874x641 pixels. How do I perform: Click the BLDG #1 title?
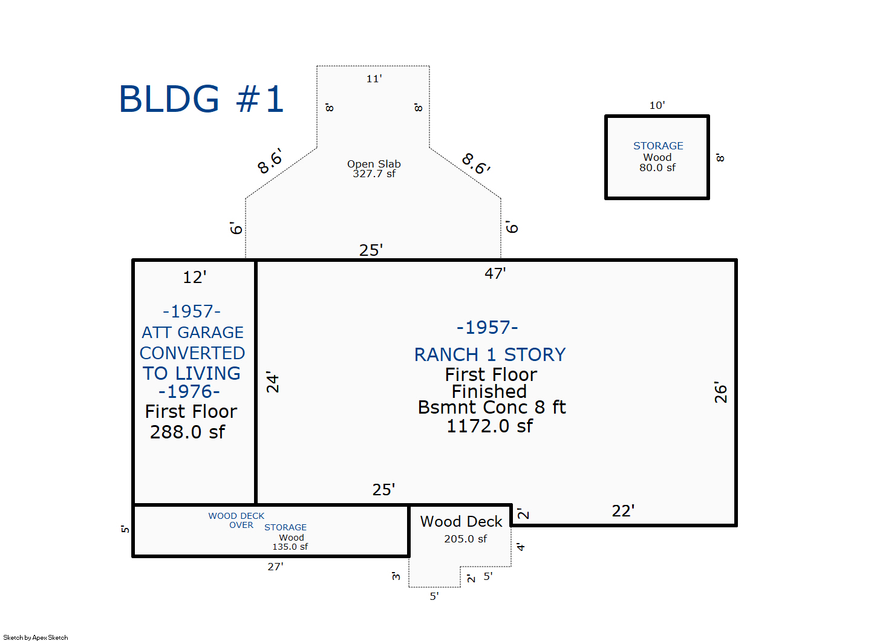click(x=201, y=99)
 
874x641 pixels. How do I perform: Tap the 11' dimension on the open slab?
click(x=374, y=79)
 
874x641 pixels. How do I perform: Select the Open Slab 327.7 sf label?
click(x=374, y=169)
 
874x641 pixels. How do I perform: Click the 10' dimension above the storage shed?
click(x=657, y=105)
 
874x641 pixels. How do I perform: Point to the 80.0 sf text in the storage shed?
click(x=657, y=168)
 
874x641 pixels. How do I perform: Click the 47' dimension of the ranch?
click(x=495, y=273)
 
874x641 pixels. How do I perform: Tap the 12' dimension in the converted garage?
click(x=195, y=278)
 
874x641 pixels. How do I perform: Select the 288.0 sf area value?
click(x=188, y=432)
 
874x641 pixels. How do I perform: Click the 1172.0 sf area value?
click(x=490, y=426)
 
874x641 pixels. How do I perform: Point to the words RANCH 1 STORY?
click(x=490, y=354)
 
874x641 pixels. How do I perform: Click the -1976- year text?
click(x=189, y=392)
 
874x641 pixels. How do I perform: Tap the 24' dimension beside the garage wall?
click(x=273, y=382)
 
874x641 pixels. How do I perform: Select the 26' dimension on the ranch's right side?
click(x=720, y=392)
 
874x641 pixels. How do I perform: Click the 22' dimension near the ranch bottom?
click(x=623, y=511)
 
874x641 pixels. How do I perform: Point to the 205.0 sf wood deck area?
click(x=466, y=539)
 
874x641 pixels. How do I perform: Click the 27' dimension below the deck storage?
click(x=275, y=567)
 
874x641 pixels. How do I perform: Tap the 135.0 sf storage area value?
click(x=290, y=547)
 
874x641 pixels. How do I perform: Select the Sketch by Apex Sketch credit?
click(x=36, y=637)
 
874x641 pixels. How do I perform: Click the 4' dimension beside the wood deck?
click(x=521, y=547)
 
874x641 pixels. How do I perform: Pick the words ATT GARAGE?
click(x=193, y=333)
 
